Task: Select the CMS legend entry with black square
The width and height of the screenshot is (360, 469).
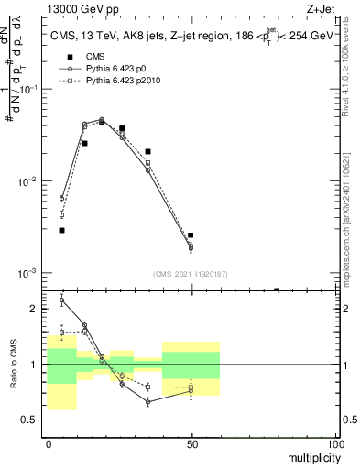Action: pos(88,56)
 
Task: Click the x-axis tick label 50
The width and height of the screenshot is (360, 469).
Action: pos(191,443)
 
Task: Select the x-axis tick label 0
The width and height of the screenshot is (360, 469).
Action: pos(49,443)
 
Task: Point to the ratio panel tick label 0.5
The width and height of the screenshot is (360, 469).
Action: pos(30,420)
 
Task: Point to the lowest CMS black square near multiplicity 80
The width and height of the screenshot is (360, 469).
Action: pos(277,290)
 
